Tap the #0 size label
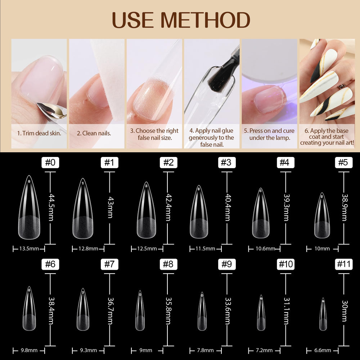click(50, 163)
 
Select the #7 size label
click(109, 264)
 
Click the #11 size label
click(344, 264)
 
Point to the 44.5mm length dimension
click(52, 207)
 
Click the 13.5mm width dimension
click(29, 249)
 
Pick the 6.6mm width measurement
click(323, 350)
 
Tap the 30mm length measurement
click(345, 311)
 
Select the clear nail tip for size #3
click(199, 212)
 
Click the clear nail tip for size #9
click(202, 311)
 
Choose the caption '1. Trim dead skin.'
click(39, 134)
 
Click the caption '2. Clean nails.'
click(94, 134)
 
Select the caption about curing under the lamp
click(269, 134)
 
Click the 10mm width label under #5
click(322, 249)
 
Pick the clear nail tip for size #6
click(30, 309)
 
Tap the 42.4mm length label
click(169, 207)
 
